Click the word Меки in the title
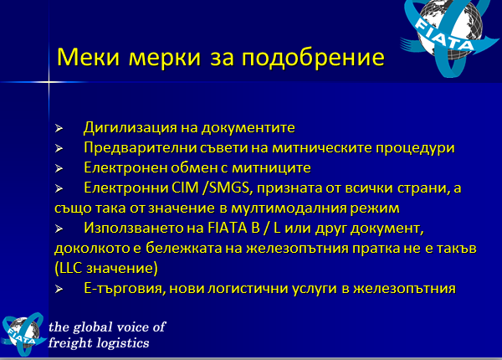coord(88,57)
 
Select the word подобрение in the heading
coord(313,58)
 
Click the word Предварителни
coord(140,148)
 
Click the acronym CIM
coord(186,188)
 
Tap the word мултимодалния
coord(289,208)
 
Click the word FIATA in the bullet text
coord(228,228)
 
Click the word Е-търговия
coord(125,289)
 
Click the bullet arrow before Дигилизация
coord(59,128)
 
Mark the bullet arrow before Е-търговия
coord(59,289)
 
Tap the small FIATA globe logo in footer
coord(23,334)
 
